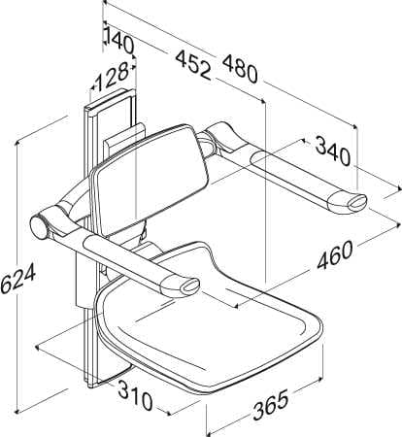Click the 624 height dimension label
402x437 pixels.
pos(17,278)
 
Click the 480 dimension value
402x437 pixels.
pos(241,69)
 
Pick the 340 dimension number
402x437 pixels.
pos(333,151)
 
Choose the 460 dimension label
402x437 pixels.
pos(335,255)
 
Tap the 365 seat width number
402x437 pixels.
pos(271,405)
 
